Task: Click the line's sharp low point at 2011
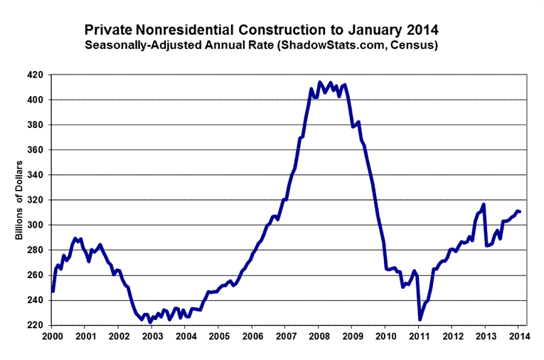tap(420, 319)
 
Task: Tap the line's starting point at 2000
tap(53, 291)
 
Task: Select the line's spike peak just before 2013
tap(484, 205)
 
